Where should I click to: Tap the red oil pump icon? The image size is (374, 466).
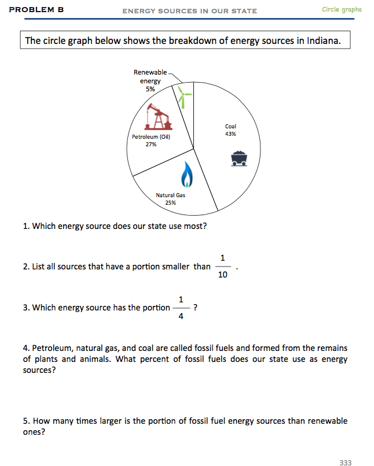click(159, 117)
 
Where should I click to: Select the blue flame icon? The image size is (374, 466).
click(186, 173)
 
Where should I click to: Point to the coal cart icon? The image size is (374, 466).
click(240, 158)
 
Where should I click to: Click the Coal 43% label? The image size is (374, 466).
click(230, 130)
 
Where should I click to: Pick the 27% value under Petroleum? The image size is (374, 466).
click(151, 145)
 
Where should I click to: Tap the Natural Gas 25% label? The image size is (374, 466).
click(171, 199)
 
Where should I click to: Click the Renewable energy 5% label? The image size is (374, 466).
click(150, 81)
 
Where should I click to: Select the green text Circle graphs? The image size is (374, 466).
click(342, 9)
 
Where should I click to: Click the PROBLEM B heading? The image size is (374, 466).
click(36, 10)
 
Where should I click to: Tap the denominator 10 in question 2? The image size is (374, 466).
click(223, 275)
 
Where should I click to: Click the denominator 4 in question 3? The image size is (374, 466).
click(181, 316)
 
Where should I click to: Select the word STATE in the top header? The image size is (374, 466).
click(244, 11)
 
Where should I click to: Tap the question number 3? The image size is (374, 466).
click(25, 308)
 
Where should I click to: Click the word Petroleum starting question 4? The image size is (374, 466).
click(50, 348)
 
